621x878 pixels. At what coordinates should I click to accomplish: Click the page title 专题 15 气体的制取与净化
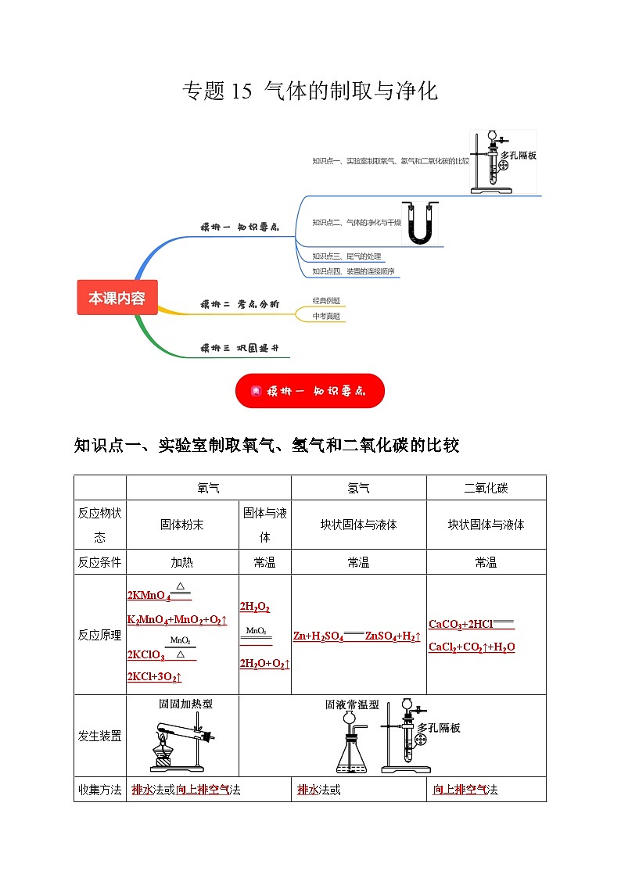310,91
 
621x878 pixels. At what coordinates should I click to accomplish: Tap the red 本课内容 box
117,298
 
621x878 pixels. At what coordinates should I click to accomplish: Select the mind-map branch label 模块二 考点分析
239,304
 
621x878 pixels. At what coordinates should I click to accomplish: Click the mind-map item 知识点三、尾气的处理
346,256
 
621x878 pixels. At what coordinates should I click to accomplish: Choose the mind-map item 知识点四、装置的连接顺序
353,271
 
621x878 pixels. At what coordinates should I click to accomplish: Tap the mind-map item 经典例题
326,301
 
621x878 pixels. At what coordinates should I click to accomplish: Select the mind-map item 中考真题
326,316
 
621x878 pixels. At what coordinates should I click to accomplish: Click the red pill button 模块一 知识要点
310,391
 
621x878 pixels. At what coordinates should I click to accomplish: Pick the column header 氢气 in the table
358,488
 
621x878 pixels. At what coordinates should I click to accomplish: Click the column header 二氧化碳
486,488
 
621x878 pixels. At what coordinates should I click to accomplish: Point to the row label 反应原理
99,635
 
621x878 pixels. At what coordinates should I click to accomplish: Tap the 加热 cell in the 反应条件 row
181,562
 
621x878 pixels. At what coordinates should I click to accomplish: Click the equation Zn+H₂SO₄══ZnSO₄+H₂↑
357,636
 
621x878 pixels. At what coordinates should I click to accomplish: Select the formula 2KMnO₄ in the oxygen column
149,596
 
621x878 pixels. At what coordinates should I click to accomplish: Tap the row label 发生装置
99,736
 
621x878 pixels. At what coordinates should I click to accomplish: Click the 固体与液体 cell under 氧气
264,525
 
